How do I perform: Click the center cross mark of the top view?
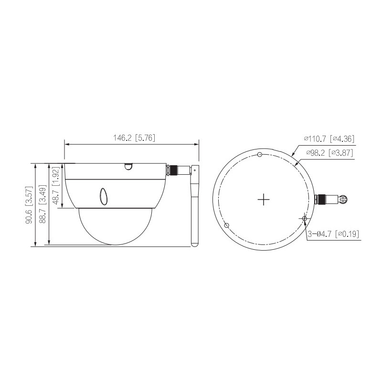pyautogui.click(x=264, y=199)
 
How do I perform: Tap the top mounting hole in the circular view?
pyautogui.click(x=259, y=154)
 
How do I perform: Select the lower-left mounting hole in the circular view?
pyautogui.click(x=227, y=225)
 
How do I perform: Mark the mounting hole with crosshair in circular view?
pyautogui.click(x=304, y=218)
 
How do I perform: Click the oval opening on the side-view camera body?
pyautogui.click(x=104, y=196)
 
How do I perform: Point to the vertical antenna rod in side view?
pyautogui.click(x=194, y=210)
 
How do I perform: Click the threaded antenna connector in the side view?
pyautogui.click(x=176, y=170)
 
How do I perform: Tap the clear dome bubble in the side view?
pyautogui.click(x=115, y=227)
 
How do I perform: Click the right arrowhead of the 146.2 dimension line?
pyautogui.click(x=197, y=143)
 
